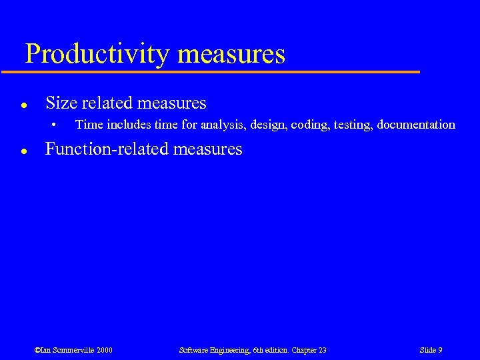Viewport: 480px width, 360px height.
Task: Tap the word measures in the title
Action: coord(233,54)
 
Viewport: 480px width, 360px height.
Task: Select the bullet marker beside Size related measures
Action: coord(23,105)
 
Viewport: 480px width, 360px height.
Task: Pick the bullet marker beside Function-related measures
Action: coord(23,151)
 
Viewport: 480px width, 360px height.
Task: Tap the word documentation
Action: coord(416,125)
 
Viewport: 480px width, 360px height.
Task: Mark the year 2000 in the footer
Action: coord(105,350)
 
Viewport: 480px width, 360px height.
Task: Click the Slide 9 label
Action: coord(431,350)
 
